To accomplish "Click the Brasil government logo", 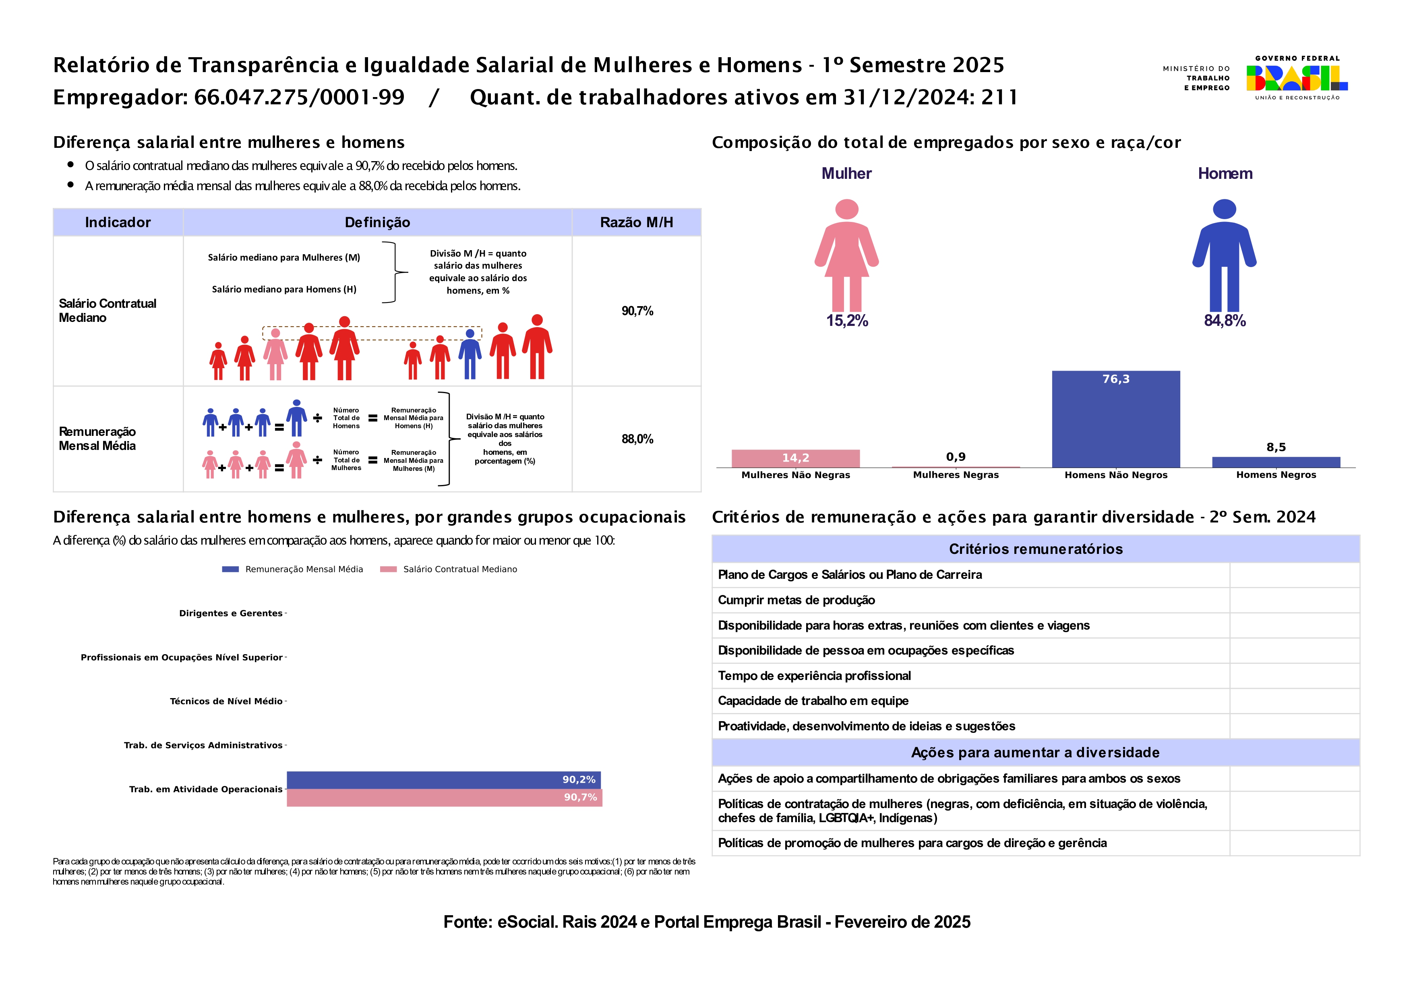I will click(x=1296, y=78).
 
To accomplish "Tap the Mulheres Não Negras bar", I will click(x=795, y=458).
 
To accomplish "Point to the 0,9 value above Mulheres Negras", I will click(x=955, y=457).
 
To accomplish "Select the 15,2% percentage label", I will click(x=847, y=321).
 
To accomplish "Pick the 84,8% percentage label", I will click(x=1225, y=321).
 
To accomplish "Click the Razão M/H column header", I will click(x=636, y=222).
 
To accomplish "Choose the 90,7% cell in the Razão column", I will click(x=637, y=311).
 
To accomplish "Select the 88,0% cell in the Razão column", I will click(x=637, y=439).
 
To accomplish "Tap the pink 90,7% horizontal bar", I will click(x=443, y=798).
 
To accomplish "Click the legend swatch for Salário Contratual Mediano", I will click(x=388, y=569).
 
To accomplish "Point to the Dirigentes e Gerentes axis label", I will click(x=231, y=613).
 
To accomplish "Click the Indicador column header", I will click(x=118, y=222).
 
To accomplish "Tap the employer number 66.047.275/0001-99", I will click(x=299, y=97).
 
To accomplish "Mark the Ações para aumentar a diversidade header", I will click(x=1035, y=752).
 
